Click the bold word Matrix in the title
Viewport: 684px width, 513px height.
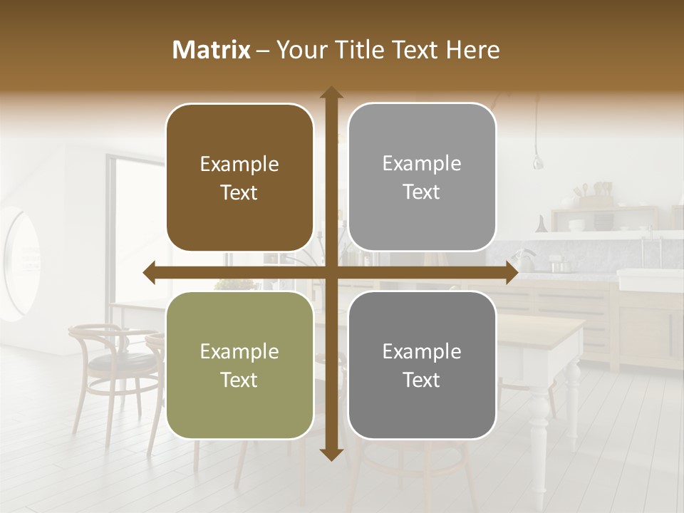click(x=212, y=50)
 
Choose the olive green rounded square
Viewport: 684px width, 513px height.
click(x=239, y=406)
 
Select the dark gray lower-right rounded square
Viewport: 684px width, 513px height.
click(x=422, y=406)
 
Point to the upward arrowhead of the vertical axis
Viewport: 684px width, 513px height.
click(x=331, y=93)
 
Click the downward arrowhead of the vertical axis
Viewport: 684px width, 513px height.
click(x=331, y=454)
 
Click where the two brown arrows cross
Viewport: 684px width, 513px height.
click(x=331, y=273)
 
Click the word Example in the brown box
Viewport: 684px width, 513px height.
click(x=239, y=165)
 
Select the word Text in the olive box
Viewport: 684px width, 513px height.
click(x=239, y=380)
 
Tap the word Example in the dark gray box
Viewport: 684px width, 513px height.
click(x=422, y=351)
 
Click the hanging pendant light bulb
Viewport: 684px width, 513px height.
click(x=539, y=161)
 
